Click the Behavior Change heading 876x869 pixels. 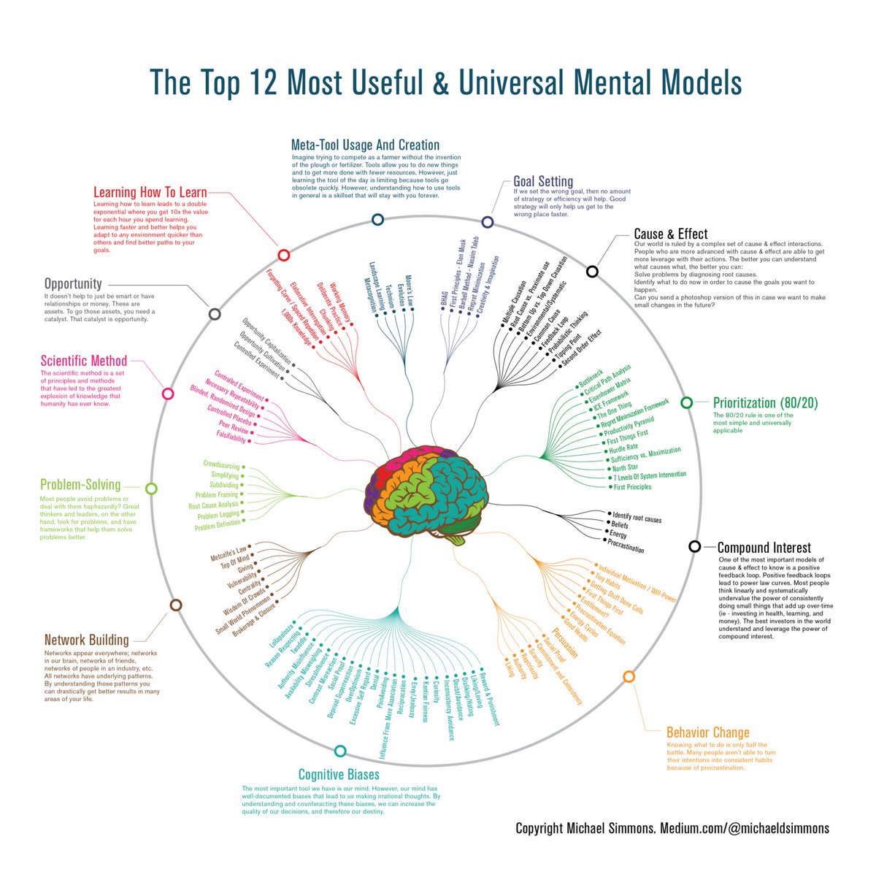pos(707,732)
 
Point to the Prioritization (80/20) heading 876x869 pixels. pos(764,403)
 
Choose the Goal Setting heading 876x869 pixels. pos(543,181)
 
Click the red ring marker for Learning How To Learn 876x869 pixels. pos(284,255)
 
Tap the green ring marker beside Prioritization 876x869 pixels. pos(686,402)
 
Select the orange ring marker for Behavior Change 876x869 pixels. pos(629,677)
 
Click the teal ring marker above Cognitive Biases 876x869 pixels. pos(339,751)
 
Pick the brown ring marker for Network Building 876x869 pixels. pos(175,605)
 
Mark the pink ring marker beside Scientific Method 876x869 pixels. pos(167,394)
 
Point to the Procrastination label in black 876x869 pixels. pos(626,545)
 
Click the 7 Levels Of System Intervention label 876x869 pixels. pos(649,475)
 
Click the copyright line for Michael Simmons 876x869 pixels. pos(672,828)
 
